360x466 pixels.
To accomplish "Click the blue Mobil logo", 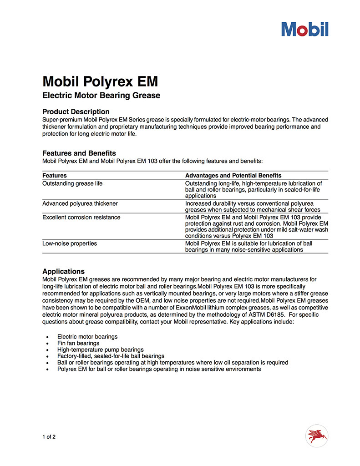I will click(304, 29).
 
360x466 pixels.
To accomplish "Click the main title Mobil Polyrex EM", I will click(100, 81).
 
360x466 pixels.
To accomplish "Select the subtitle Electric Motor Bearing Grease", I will click(101, 96).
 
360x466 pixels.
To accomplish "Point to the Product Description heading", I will click(76, 111).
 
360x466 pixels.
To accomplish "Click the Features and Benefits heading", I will click(79, 153).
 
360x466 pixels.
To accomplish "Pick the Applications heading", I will click(63, 271).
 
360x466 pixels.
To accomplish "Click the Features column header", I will click(55, 175).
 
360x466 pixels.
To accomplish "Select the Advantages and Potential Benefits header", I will click(233, 175).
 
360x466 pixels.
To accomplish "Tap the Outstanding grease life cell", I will click(72, 183).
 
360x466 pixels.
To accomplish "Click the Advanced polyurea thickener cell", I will click(80, 203).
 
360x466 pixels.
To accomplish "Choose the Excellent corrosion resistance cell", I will click(81, 218).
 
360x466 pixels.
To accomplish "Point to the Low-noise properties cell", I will click(70, 243).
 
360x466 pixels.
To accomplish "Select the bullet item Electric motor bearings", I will click(87, 337).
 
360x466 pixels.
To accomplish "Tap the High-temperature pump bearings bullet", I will click(100, 349).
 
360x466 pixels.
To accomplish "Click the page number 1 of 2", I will click(49, 437).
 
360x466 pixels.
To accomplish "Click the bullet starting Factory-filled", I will click(111, 356).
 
